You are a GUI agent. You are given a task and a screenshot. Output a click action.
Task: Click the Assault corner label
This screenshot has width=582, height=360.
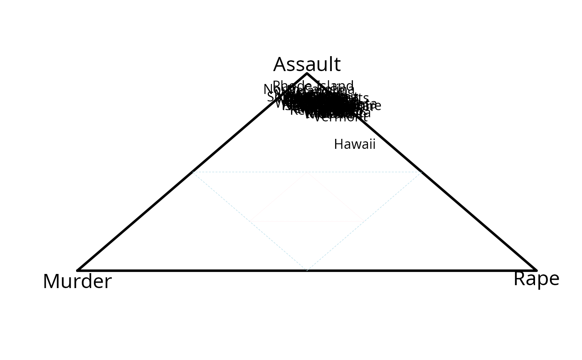tap(307, 64)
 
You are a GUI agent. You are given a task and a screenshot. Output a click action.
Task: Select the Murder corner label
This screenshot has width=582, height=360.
tap(77, 281)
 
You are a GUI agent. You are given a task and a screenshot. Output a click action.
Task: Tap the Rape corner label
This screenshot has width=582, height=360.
tap(536, 279)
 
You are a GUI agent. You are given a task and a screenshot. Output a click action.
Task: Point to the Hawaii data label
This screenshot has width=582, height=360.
tap(355, 144)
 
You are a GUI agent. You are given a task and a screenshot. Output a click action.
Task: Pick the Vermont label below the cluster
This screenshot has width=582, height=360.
tap(340, 117)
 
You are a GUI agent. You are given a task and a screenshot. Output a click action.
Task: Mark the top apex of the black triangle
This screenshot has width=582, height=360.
tap(307, 74)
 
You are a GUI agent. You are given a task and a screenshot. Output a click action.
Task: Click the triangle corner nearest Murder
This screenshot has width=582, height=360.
tap(78, 270)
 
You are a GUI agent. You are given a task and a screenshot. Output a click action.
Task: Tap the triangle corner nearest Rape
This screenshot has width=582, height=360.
tap(536, 270)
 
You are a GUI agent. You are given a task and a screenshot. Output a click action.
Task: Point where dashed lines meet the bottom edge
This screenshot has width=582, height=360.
tap(307, 270)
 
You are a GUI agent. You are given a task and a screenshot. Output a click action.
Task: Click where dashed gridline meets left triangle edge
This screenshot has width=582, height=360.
tap(192, 172)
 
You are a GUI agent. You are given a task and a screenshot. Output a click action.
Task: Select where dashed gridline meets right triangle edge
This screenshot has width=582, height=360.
tap(422, 172)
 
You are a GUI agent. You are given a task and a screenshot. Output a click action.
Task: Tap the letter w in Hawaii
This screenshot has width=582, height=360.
tap(357, 145)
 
